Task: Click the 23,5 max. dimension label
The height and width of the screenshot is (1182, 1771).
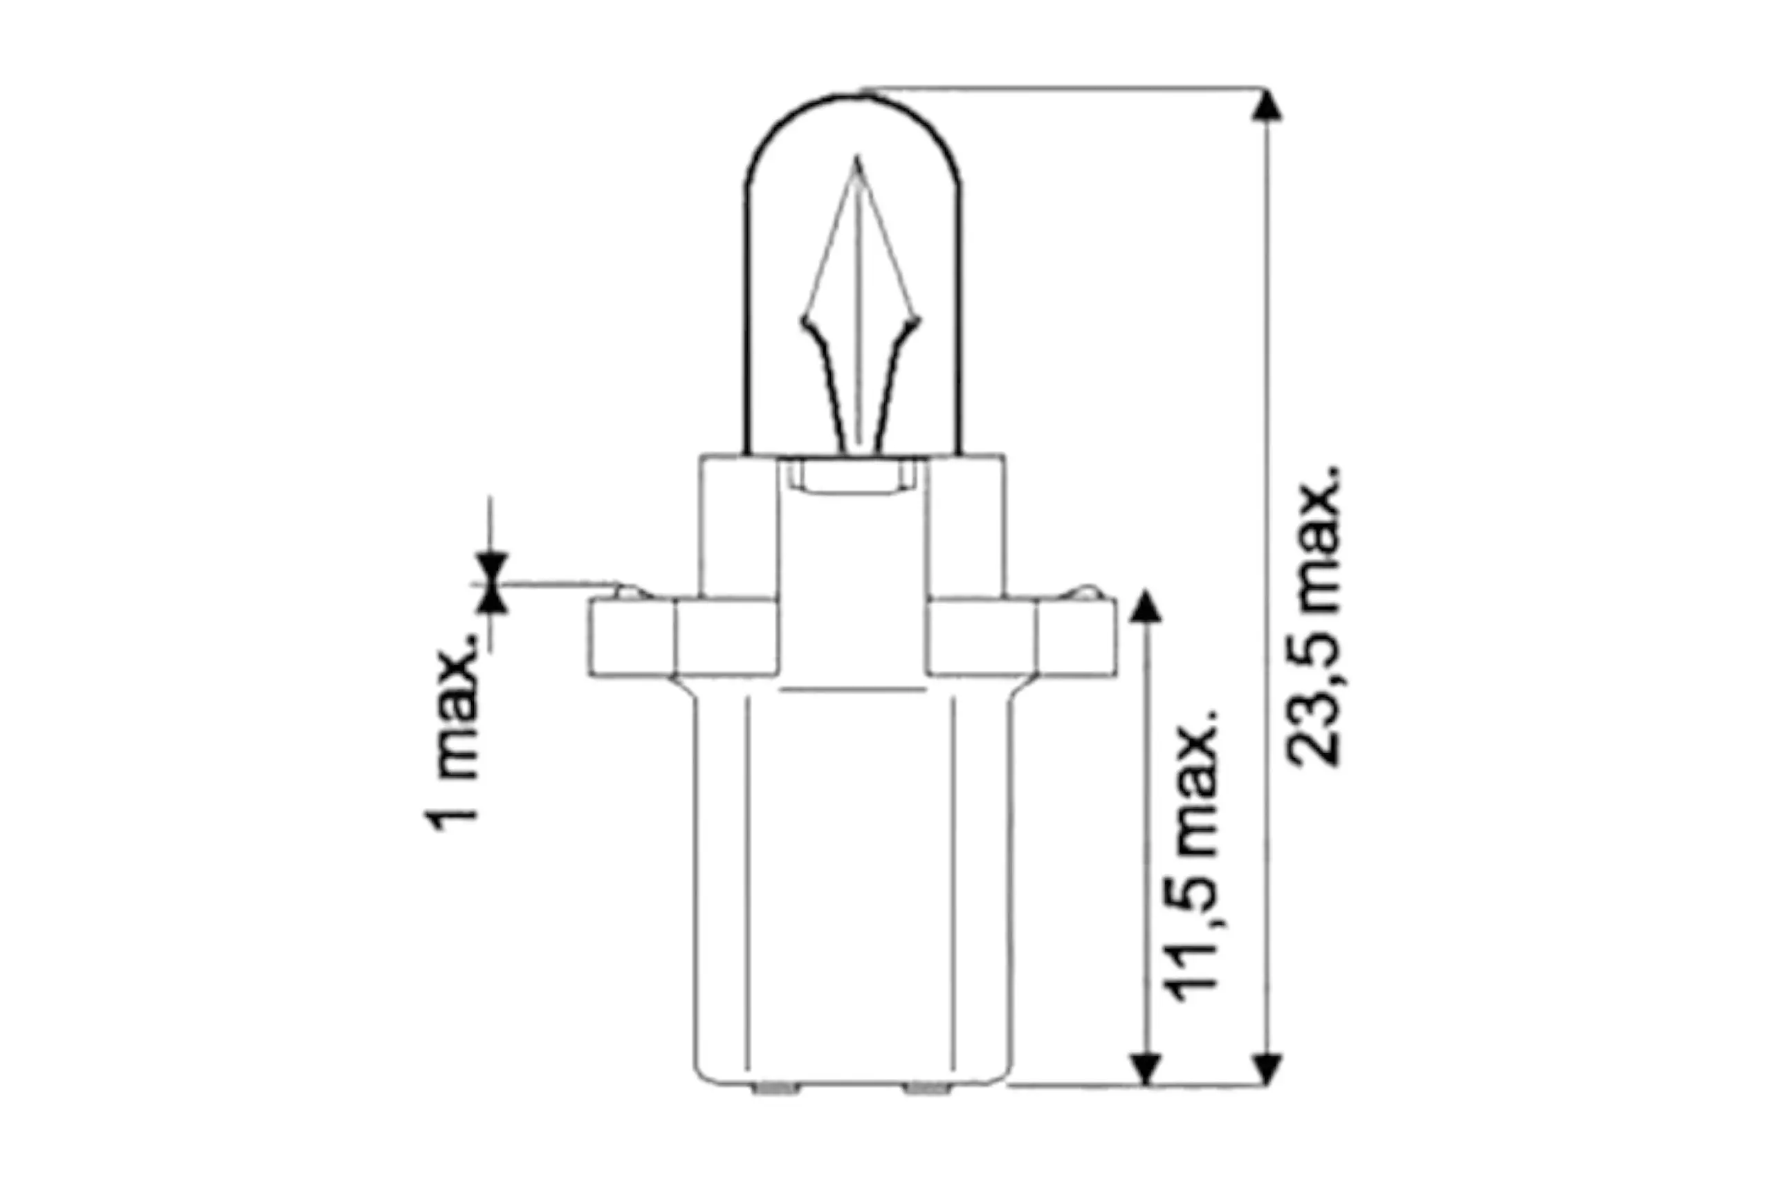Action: coord(1316,617)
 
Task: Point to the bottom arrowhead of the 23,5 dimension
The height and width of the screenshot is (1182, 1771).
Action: coord(1267,1070)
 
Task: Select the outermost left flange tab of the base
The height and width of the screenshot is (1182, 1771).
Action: coord(632,636)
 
